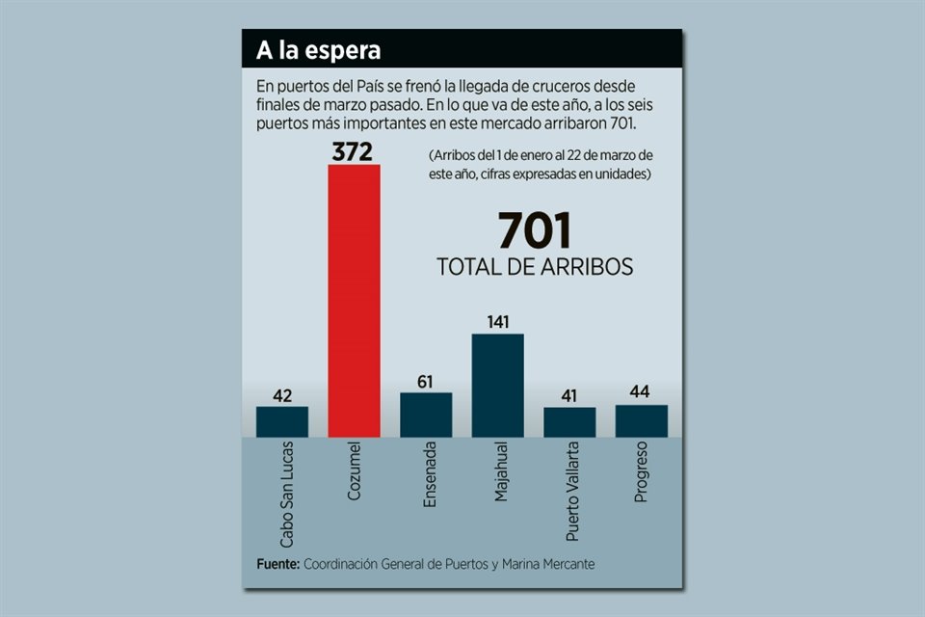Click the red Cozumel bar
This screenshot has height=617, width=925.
click(x=354, y=300)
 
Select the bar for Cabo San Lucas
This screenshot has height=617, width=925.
click(x=282, y=421)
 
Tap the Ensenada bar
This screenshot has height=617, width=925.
click(x=426, y=415)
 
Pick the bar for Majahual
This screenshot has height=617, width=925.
click(x=497, y=386)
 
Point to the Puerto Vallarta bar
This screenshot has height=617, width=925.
click(x=569, y=422)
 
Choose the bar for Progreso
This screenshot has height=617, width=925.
click(x=641, y=420)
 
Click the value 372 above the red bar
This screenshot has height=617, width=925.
click(x=354, y=151)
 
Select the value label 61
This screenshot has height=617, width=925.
click(x=426, y=382)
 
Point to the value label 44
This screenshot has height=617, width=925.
click(x=641, y=393)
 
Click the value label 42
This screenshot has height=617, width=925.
click(x=282, y=395)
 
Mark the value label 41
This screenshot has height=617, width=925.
click(x=569, y=396)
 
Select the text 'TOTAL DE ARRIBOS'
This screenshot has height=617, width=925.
click(x=535, y=267)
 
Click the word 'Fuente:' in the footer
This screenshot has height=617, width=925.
click(x=278, y=563)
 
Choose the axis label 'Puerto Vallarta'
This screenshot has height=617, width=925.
click(x=569, y=491)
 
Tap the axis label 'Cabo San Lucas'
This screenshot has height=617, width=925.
click(x=282, y=493)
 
